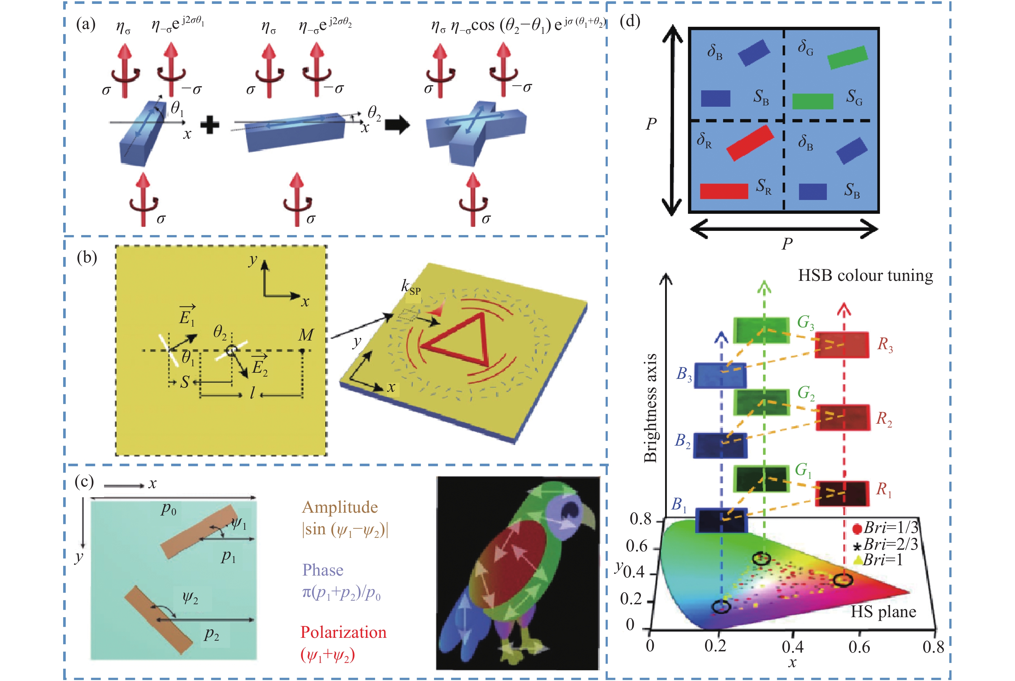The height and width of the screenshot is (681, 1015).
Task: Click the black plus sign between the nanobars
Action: [210, 125]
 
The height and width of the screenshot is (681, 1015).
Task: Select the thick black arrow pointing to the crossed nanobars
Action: [398, 125]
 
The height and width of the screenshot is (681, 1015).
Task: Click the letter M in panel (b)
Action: [306, 335]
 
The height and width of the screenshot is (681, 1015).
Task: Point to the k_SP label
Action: [411, 288]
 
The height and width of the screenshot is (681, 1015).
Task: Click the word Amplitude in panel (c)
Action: [340, 507]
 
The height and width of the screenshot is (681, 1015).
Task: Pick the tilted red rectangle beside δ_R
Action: [750, 143]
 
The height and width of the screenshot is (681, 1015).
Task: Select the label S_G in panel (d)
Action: [854, 97]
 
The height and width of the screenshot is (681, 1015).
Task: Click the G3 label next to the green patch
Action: [806, 323]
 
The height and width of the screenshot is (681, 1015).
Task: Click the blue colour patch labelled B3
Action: [720, 375]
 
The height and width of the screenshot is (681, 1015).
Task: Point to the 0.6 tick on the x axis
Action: [859, 647]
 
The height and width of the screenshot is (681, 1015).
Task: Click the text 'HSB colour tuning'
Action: [866, 275]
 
